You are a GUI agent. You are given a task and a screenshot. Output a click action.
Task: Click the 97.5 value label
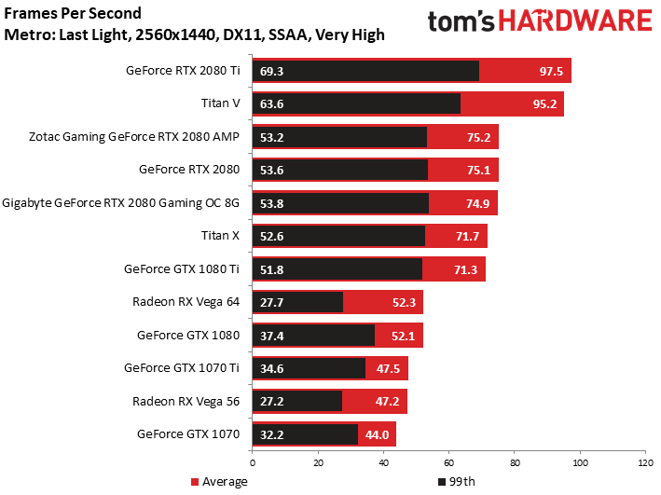(x=551, y=71)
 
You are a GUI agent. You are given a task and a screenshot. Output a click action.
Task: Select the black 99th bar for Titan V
(x=357, y=103)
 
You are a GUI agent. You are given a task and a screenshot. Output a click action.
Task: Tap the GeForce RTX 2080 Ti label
(x=183, y=71)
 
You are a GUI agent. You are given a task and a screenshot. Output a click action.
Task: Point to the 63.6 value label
(x=271, y=104)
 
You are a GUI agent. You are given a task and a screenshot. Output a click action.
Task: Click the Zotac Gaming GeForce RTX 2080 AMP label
(x=134, y=137)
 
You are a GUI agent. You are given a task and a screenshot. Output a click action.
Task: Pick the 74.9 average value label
(x=477, y=204)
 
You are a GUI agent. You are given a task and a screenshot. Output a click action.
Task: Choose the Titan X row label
(x=220, y=236)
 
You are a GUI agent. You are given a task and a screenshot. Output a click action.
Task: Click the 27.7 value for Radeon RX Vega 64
(x=271, y=303)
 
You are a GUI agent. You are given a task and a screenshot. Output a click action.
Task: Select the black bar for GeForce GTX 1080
(x=313, y=336)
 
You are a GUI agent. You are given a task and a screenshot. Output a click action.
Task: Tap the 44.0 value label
(x=377, y=434)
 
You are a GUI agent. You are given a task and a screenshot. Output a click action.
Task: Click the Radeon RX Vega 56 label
(x=186, y=402)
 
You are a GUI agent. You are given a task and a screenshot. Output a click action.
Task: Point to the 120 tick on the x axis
(x=645, y=463)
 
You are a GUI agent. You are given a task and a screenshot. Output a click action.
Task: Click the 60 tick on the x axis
(x=449, y=463)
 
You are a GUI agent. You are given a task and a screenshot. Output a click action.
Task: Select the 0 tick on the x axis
(x=253, y=463)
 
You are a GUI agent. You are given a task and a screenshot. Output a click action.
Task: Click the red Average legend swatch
(x=194, y=482)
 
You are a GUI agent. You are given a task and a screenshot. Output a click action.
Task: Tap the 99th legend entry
(x=457, y=482)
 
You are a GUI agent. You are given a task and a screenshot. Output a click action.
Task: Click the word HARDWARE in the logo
(x=575, y=21)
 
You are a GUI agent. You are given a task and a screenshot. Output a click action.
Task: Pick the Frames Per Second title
(x=73, y=13)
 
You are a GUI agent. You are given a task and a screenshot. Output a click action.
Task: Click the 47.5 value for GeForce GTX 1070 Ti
(x=388, y=369)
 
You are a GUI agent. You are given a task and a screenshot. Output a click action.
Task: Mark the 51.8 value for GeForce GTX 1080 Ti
(x=271, y=269)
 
